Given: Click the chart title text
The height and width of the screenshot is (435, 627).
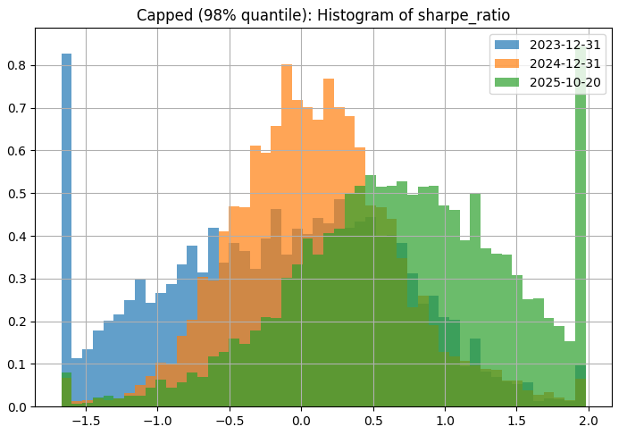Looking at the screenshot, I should tap(323, 15).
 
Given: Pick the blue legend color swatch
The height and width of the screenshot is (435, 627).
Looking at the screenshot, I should tap(506, 45).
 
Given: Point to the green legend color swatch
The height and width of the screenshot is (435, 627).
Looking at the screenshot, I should tap(506, 82).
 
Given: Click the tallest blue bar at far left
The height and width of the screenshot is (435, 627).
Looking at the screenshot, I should tap(66, 223).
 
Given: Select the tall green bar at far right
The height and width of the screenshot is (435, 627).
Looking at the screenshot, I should tap(581, 223).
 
